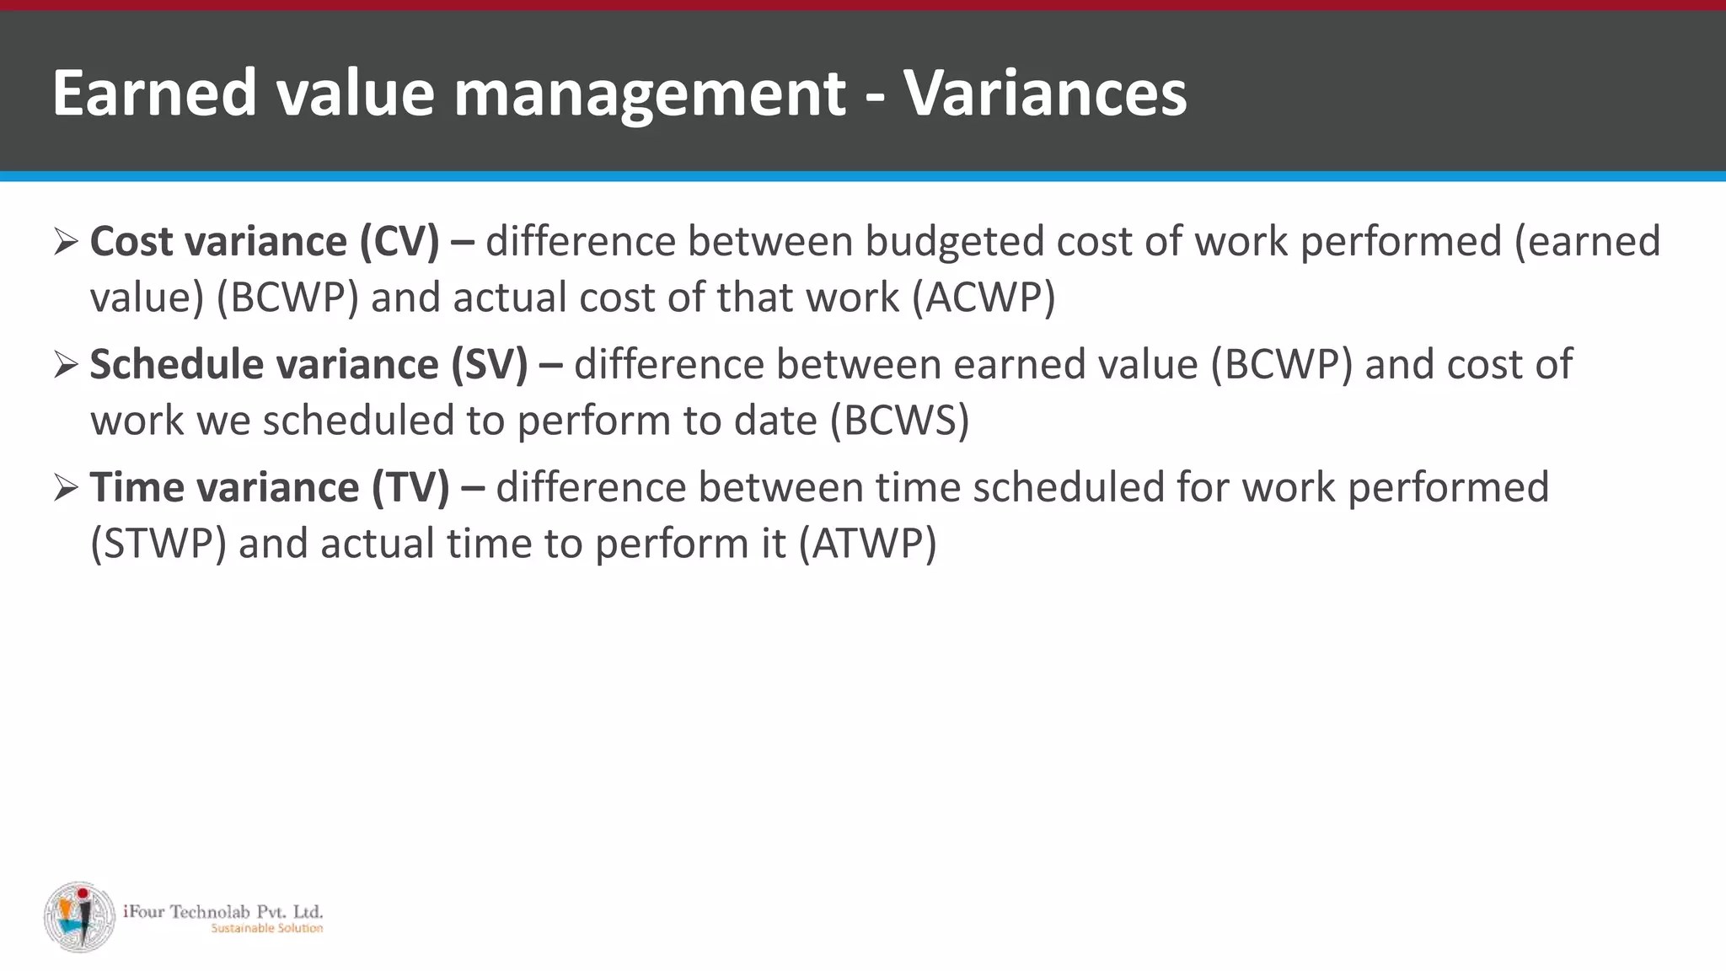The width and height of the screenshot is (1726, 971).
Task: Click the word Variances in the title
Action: click(x=1045, y=93)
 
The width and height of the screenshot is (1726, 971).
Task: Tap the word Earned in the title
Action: click(x=154, y=93)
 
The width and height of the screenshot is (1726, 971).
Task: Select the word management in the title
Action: click(x=650, y=94)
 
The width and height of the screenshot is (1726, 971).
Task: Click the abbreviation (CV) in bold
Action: click(x=399, y=242)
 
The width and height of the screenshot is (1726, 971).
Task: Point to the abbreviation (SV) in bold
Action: click(x=490, y=365)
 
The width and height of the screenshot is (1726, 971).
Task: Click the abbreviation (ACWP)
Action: click(x=984, y=298)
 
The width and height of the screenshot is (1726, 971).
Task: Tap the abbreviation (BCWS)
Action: click(x=900, y=421)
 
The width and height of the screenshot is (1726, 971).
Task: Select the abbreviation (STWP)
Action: click(x=158, y=544)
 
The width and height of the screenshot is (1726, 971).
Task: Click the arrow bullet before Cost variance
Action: click(x=65, y=243)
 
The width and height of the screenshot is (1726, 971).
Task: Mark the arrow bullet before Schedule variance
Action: click(x=65, y=366)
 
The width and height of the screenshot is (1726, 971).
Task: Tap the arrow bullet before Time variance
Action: click(x=65, y=489)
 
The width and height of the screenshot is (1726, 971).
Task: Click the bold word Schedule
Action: click(x=176, y=365)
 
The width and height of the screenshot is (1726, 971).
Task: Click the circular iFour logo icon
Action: click(x=79, y=917)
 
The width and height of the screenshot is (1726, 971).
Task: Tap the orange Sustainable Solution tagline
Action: click(x=266, y=929)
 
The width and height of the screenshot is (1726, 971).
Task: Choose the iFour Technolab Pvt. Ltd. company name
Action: click(x=222, y=911)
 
